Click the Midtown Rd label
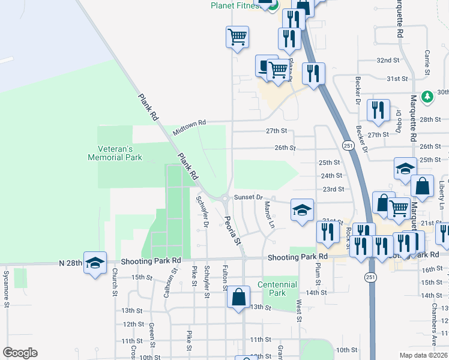189,127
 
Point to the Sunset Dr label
249,197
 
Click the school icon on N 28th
95,263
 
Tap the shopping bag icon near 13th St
238,296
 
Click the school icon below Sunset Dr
302,210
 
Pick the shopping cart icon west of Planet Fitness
238,37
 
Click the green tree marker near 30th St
427,96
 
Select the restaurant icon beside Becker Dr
378,110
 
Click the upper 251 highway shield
348,146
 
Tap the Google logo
20,353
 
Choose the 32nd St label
388,61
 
